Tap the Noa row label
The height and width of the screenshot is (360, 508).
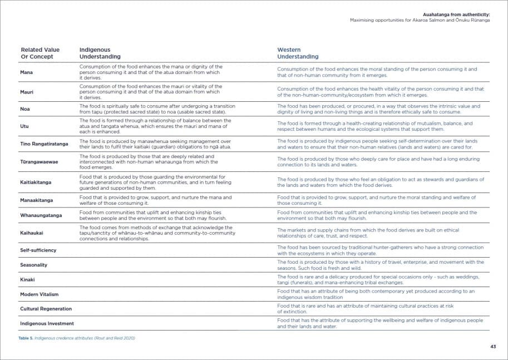point(25,109)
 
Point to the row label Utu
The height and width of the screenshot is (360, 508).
point(24,126)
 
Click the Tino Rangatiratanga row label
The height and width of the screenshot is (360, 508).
point(45,144)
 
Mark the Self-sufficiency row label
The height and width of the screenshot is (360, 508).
point(38,250)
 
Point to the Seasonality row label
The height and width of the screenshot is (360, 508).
point(34,265)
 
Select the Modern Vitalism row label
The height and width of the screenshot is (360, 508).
point(40,294)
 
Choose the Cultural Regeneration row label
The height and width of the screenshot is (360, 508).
point(46,309)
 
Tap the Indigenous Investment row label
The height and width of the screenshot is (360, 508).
point(47,323)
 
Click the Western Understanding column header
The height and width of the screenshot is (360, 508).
point(298,53)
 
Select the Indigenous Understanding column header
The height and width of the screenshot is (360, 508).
point(100,53)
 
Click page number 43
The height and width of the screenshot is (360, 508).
point(493,347)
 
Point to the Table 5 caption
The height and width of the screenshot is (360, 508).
point(77,338)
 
